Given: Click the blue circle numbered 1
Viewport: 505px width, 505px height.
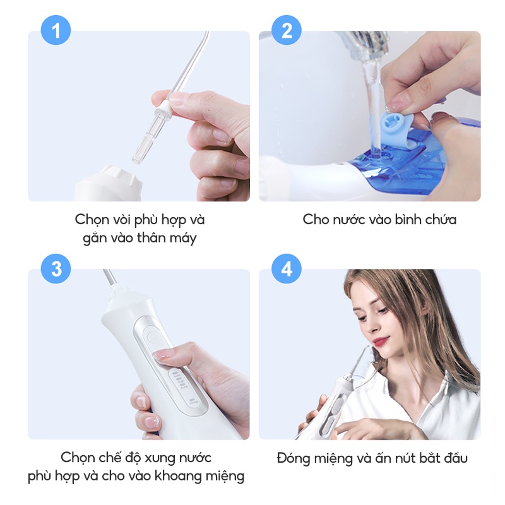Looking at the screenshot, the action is (56, 30).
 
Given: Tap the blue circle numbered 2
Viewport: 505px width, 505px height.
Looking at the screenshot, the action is (287, 30).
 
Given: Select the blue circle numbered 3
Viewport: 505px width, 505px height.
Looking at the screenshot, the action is (56, 268).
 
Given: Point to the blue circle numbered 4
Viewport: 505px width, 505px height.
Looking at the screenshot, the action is (287, 268).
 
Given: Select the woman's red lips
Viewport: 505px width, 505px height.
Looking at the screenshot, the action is (379, 341).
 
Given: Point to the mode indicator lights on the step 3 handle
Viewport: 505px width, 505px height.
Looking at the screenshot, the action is (176, 379).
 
